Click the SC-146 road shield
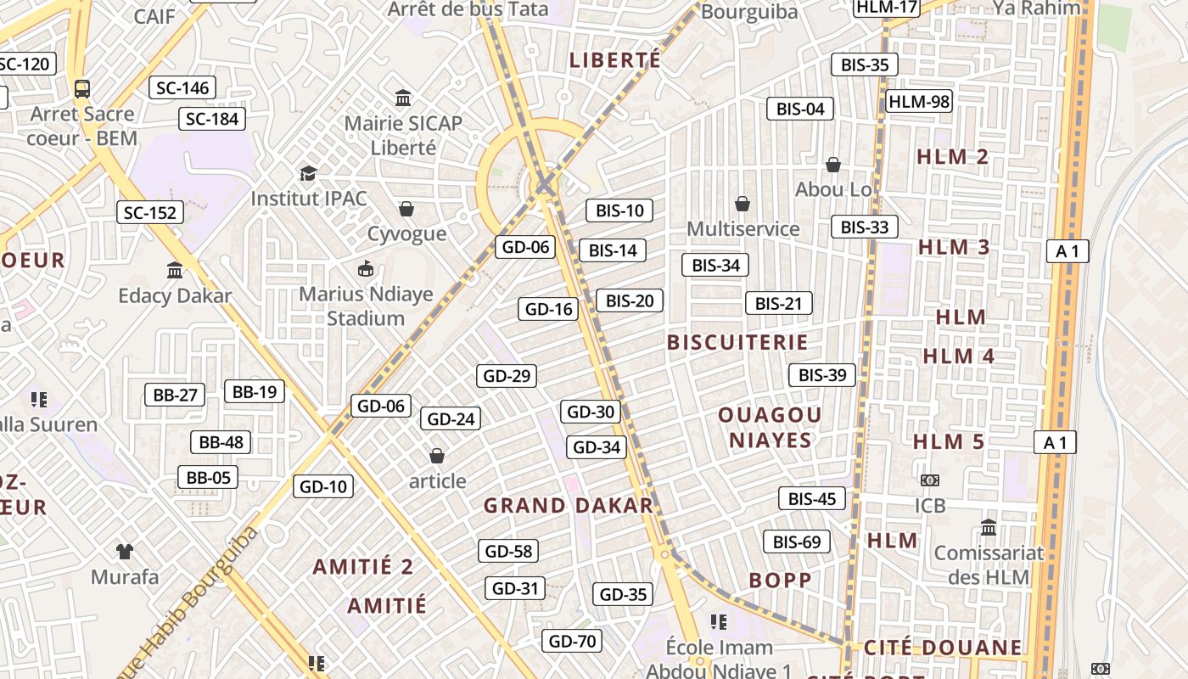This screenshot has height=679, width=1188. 182,87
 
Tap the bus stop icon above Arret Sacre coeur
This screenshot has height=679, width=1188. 82,88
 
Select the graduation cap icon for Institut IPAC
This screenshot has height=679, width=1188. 308,173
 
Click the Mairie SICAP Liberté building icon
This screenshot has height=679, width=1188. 403,98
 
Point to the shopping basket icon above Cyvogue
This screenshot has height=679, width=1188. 406,209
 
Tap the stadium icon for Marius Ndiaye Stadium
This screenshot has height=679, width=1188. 366,269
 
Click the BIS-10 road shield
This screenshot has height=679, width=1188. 619,210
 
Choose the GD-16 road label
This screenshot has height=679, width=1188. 549,309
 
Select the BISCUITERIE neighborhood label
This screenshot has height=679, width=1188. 737,342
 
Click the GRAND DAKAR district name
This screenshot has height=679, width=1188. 569,506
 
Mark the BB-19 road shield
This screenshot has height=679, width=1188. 255,391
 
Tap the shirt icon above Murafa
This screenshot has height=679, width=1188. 125,552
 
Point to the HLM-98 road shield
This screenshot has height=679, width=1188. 919,102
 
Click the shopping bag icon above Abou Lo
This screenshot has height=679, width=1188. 833,164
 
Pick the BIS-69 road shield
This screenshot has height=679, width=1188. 796,542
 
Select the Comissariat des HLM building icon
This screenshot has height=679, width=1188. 989,528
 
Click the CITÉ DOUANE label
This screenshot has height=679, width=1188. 943,648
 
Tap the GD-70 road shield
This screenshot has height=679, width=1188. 572,641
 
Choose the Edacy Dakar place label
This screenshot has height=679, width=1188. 175,295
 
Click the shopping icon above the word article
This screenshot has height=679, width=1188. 437,457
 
